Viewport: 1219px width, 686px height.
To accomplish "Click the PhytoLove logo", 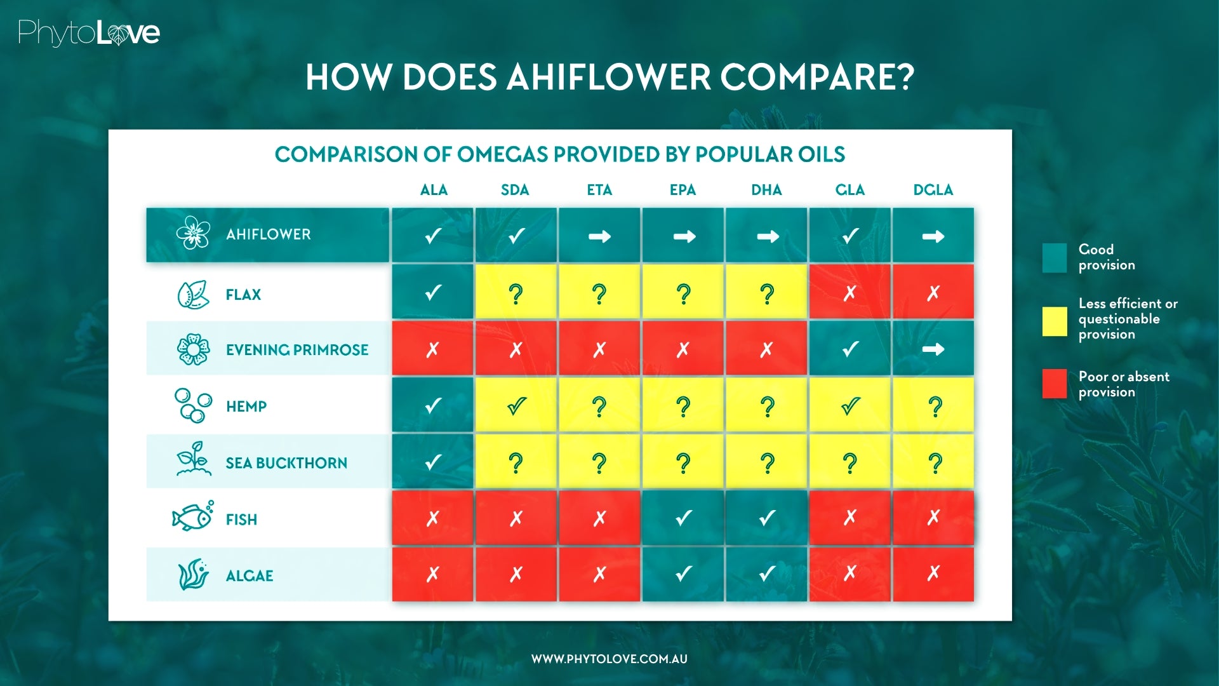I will tap(89, 33).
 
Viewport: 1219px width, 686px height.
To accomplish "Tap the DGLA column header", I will tap(933, 190).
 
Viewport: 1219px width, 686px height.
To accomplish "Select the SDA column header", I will tap(515, 190).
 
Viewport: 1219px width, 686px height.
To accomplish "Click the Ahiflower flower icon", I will tap(193, 233).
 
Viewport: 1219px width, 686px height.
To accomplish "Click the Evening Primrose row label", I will tap(296, 350).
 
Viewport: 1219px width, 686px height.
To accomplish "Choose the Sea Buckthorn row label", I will tap(286, 463).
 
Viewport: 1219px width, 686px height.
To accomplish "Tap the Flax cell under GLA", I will tap(849, 293).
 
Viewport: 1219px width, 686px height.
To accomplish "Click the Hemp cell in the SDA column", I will tap(516, 406).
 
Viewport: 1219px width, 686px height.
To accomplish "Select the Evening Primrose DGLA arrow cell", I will tap(933, 349).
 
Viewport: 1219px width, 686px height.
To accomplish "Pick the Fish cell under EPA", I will tap(683, 518).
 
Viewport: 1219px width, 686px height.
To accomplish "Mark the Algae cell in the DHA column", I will tap(767, 574).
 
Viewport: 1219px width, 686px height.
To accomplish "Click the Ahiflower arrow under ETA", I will tap(599, 236).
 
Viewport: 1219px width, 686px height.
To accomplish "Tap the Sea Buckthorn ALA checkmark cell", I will tap(432, 462).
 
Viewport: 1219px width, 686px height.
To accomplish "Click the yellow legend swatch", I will tap(1054, 321).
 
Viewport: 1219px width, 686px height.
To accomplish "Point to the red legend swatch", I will tap(1054, 384).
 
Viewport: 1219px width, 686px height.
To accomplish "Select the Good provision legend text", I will tap(1106, 257).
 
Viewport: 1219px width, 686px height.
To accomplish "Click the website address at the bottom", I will tap(609, 659).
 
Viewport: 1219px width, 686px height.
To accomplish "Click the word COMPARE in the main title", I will tap(817, 77).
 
